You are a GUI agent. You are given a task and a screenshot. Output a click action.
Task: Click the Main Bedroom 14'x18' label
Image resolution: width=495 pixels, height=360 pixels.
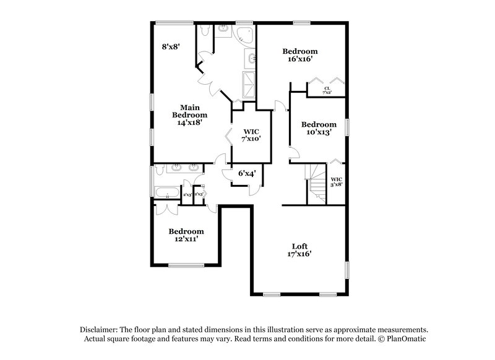189,114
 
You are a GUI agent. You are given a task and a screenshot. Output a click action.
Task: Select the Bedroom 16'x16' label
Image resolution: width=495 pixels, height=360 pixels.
300,55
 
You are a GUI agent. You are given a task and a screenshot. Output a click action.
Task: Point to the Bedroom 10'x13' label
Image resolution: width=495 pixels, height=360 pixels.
319,127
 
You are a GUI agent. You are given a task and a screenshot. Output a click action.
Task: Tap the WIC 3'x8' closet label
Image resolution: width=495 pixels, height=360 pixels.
336,182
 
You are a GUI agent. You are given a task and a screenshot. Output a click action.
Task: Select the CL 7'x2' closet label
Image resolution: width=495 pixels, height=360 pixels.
327,90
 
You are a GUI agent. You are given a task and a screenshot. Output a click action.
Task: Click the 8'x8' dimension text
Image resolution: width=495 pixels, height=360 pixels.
170,46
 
